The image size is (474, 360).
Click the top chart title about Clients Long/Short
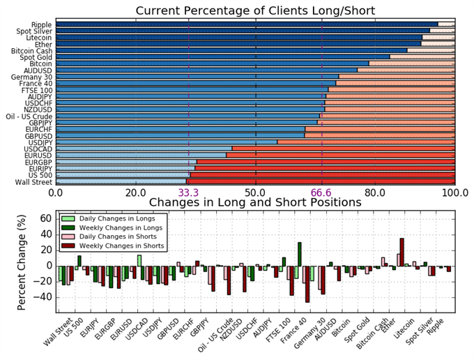pyautogui.click(x=255, y=10)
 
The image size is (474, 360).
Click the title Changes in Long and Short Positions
pyautogui.click(x=255, y=202)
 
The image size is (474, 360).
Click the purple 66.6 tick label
pyautogui.click(x=321, y=193)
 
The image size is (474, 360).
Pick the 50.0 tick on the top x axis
pyautogui.click(x=255, y=193)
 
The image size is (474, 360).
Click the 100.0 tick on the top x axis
pyautogui.click(x=455, y=193)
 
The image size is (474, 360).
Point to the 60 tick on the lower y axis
pyautogui.click(x=44, y=218)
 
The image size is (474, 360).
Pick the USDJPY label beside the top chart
pyautogui.click(x=38, y=142)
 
